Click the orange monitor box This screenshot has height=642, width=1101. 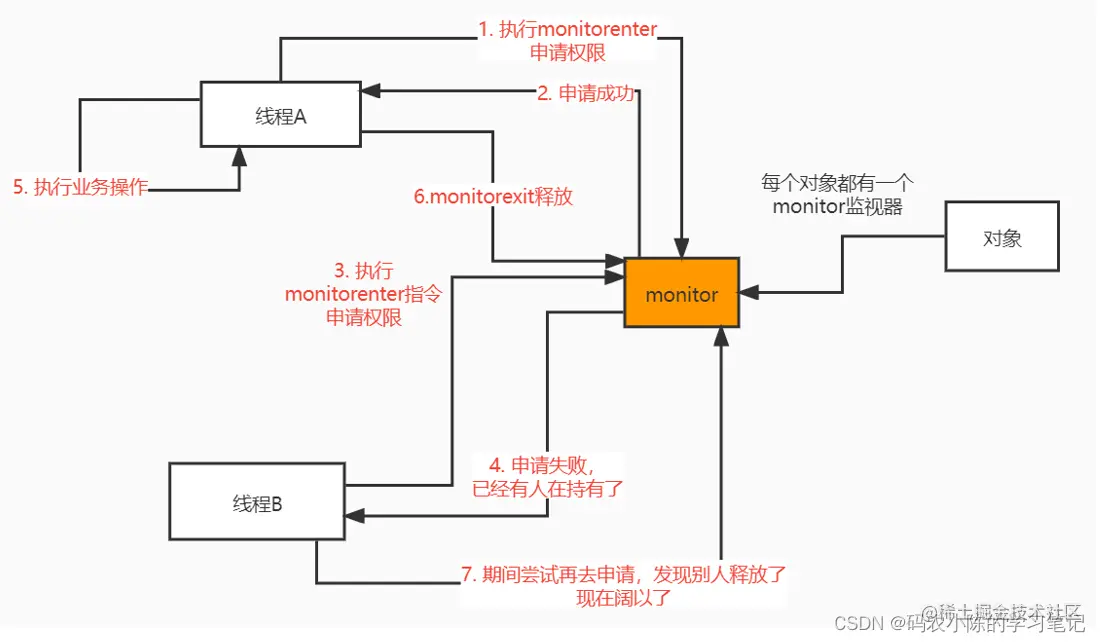(x=682, y=294)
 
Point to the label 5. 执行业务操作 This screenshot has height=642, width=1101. (x=80, y=188)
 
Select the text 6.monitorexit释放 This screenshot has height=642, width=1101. (x=493, y=196)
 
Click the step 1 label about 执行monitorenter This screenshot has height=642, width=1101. (x=568, y=41)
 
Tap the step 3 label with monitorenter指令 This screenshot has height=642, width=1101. (x=363, y=294)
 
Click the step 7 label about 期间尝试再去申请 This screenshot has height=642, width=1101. (x=624, y=586)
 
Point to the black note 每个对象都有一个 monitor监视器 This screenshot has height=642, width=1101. (x=837, y=195)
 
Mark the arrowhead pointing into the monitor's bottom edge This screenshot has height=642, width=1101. (x=719, y=337)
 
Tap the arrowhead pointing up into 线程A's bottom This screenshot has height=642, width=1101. (x=239, y=154)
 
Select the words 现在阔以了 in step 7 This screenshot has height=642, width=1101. (x=623, y=599)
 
